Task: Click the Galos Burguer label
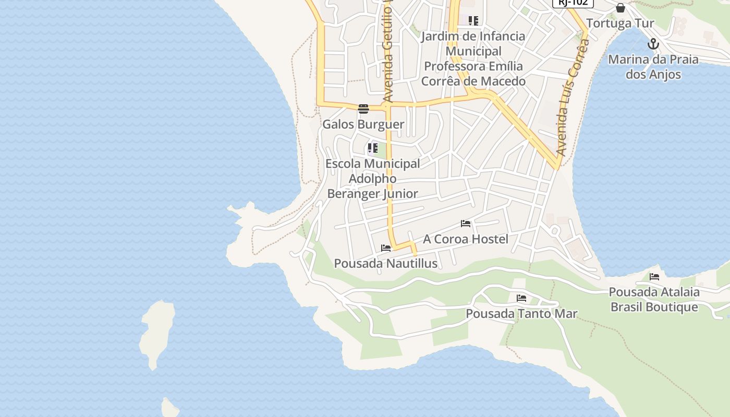pyautogui.click(x=363, y=124)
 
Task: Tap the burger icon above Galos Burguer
pyautogui.click(x=363, y=109)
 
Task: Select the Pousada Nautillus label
pyautogui.click(x=385, y=263)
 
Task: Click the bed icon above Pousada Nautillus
pyautogui.click(x=386, y=248)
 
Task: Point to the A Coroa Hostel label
pyautogui.click(x=465, y=239)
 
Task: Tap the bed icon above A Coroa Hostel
pyautogui.click(x=466, y=224)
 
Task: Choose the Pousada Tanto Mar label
pyautogui.click(x=521, y=313)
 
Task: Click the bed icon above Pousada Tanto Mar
pyautogui.click(x=521, y=298)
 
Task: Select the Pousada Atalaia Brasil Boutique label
pyautogui.click(x=654, y=299)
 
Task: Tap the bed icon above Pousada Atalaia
pyautogui.click(x=654, y=277)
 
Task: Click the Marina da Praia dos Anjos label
pyautogui.click(x=653, y=67)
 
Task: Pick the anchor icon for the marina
pyautogui.click(x=653, y=44)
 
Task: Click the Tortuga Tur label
pyautogui.click(x=620, y=23)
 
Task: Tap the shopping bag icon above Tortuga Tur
pyautogui.click(x=620, y=8)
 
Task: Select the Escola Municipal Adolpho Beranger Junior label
pyautogui.click(x=372, y=178)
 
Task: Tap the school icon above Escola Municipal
pyautogui.click(x=372, y=148)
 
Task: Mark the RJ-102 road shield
pyautogui.click(x=573, y=3)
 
